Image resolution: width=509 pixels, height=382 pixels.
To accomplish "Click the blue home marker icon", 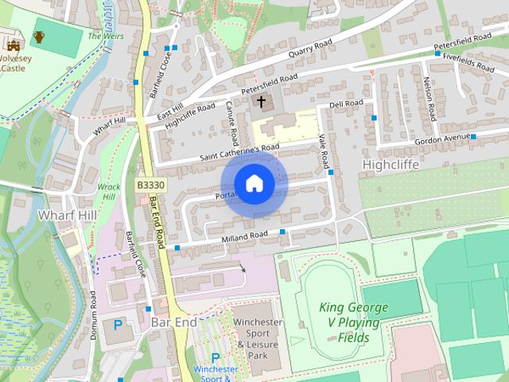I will tap(254, 183).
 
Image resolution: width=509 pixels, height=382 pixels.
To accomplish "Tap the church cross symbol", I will tap(261, 103).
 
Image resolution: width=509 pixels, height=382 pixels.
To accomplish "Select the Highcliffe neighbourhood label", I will tap(390, 163).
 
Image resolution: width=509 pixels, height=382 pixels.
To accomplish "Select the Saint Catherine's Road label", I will tap(239, 149).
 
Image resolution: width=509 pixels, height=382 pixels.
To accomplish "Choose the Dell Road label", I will tap(346, 103).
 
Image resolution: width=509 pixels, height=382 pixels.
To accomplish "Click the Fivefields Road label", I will tap(475, 57).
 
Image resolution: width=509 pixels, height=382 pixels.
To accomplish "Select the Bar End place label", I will tap(173, 324).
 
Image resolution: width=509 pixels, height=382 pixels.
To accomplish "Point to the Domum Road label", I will tap(93, 316).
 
